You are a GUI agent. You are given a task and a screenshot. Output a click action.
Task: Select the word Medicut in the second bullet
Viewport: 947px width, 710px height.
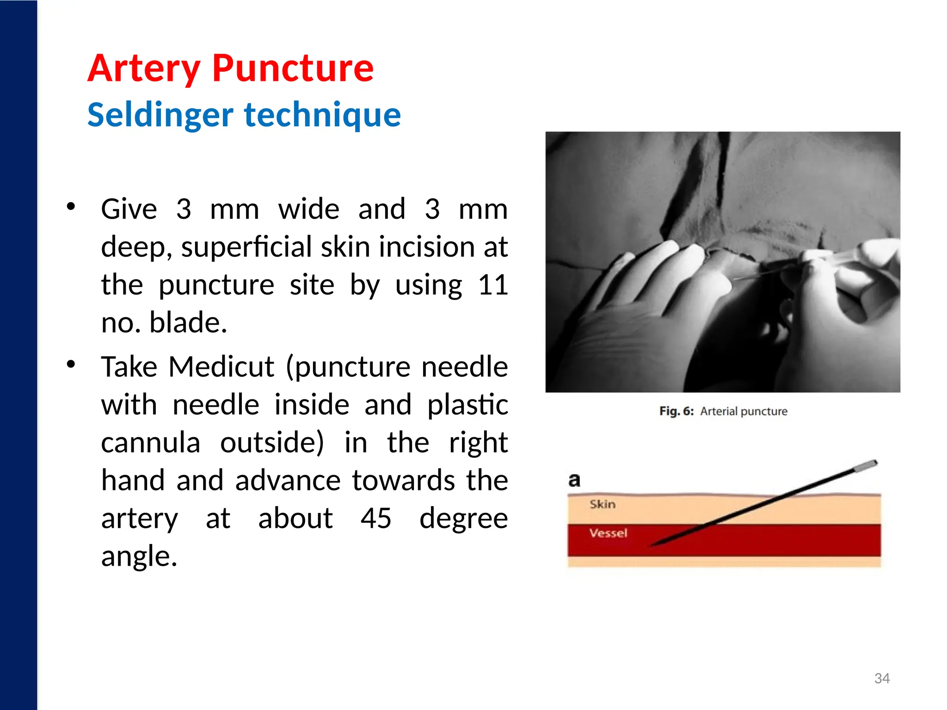point(221,367)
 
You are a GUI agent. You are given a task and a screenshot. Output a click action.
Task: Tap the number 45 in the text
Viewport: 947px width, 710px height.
point(376,518)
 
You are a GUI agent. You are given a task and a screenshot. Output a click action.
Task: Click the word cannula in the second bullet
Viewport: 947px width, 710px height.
point(151,443)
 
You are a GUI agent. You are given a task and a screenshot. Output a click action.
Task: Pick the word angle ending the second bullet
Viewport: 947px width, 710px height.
point(139,556)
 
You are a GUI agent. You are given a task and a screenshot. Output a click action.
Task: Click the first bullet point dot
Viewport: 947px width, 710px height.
point(71,206)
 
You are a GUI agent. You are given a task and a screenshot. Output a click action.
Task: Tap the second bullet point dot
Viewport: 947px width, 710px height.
point(71,364)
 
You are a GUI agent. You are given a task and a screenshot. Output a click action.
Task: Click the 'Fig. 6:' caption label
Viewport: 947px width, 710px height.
point(676,411)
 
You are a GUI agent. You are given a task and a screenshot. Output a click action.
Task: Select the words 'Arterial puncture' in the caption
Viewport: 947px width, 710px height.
point(744,411)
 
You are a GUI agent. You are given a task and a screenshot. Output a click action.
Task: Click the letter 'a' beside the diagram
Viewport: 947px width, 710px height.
point(574,480)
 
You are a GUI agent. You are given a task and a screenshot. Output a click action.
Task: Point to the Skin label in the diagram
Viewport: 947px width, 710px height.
point(603,504)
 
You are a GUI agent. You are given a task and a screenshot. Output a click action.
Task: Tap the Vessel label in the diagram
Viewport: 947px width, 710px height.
point(608,533)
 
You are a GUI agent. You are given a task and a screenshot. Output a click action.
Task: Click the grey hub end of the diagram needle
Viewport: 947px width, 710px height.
point(866,466)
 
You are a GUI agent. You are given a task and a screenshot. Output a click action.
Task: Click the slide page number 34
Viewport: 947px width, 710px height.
point(882,679)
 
